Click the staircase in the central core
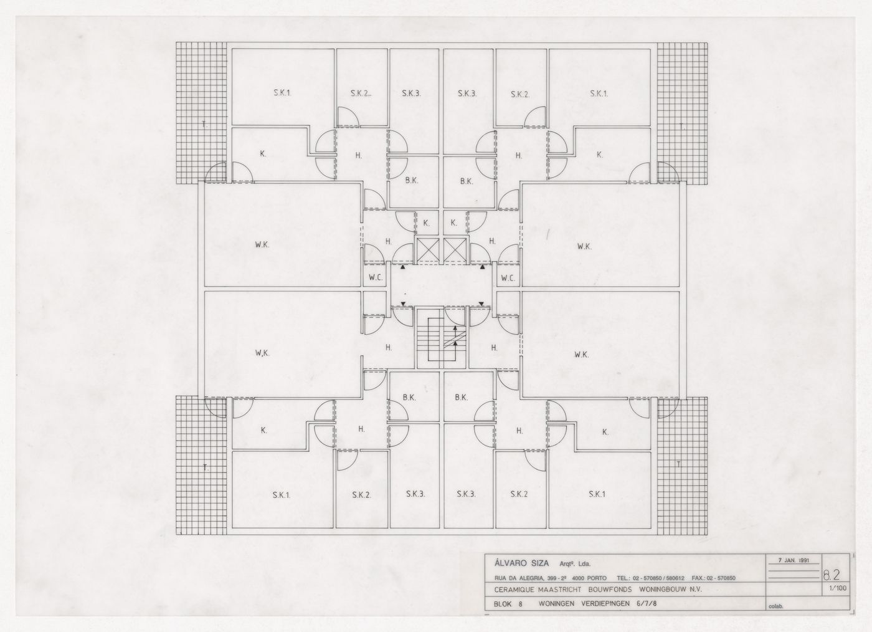(441, 340)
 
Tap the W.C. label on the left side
(375, 278)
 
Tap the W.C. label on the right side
(508, 278)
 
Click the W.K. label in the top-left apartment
(262, 245)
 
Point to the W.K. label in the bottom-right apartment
(582, 355)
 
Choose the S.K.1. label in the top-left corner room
(282, 93)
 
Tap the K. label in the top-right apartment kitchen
(600, 155)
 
